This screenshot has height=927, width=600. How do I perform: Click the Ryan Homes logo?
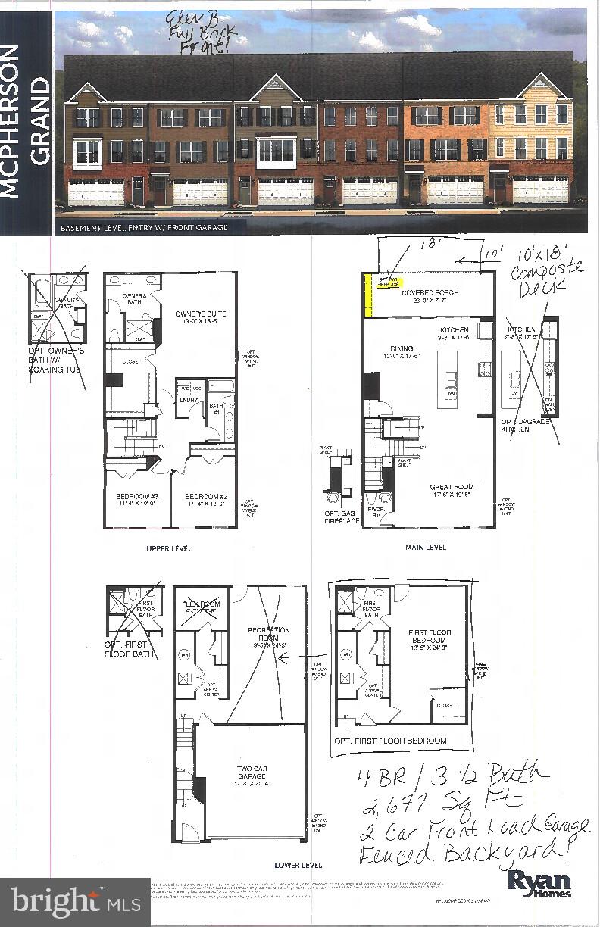click(x=539, y=882)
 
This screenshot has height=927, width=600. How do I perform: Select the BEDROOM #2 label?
click(x=205, y=501)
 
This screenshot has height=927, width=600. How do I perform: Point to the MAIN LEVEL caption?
click(x=425, y=547)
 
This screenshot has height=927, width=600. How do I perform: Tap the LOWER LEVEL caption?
click(x=298, y=864)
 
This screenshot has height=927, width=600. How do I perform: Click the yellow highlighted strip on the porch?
click(x=369, y=295)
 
